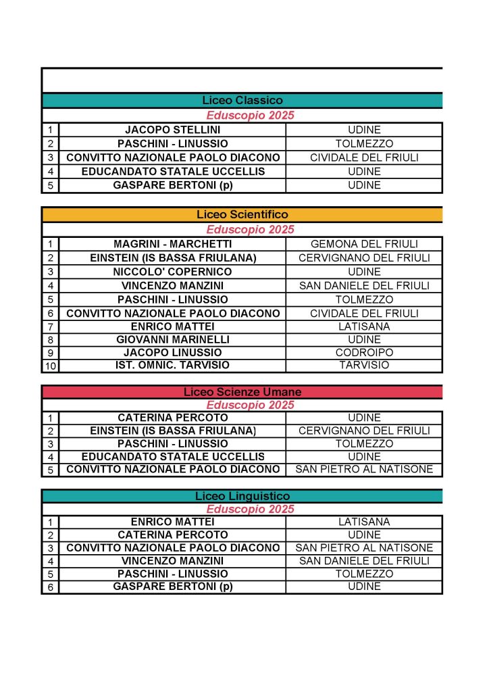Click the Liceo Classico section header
click(x=242, y=101)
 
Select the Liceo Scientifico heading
click(x=242, y=215)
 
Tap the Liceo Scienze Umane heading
click(x=242, y=392)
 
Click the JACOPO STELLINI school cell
click(x=172, y=130)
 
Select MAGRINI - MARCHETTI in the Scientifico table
click(x=172, y=244)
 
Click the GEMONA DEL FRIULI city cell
click(x=364, y=244)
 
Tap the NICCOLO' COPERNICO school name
click(x=172, y=272)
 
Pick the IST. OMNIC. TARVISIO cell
click(x=172, y=366)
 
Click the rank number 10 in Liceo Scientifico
click(x=51, y=366)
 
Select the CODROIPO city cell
click(x=364, y=353)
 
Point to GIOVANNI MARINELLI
click(x=172, y=339)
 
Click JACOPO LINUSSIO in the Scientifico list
click(x=172, y=353)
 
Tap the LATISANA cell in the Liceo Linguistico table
click(x=364, y=522)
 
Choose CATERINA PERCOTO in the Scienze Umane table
click(x=172, y=418)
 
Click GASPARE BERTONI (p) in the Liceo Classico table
click(x=172, y=185)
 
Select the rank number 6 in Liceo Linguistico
click(x=51, y=587)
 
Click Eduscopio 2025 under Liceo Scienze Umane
click(x=250, y=405)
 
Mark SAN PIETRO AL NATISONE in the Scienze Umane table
click(x=364, y=470)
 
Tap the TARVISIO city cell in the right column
click(x=364, y=366)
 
